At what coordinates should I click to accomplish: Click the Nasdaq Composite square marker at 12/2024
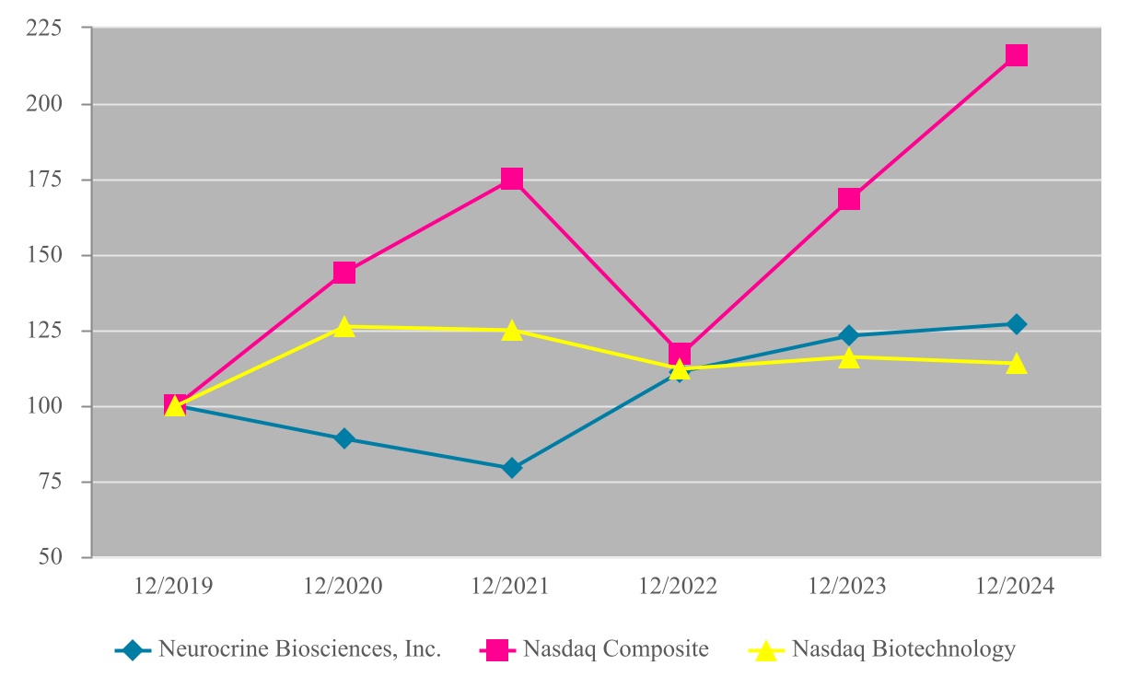click(1016, 55)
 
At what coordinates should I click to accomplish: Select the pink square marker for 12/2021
click(512, 179)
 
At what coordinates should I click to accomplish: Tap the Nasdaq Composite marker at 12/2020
click(344, 273)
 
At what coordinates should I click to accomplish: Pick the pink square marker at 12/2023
click(849, 199)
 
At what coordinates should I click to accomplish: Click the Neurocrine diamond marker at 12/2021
click(512, 468)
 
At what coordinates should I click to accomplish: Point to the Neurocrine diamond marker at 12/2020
click(344, 438)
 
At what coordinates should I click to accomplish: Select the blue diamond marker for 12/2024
click(1016, 324)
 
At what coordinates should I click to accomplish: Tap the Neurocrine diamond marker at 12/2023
click(849, 335)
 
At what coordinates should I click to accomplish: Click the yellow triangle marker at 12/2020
click(344, 327)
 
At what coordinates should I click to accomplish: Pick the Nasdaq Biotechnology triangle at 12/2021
click(512, 331)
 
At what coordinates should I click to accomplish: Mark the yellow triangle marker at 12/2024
click(1016, 363)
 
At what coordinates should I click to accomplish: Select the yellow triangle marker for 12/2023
click(849, 358)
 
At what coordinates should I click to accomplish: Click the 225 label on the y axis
click(44, 29)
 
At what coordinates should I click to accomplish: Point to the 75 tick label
click(51, 482)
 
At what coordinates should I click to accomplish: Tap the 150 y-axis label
click(44, 255)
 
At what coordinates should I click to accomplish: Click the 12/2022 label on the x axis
click(678, 586)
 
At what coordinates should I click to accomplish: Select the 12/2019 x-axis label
click(173, 586)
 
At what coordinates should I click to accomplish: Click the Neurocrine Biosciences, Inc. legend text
click(300, 648)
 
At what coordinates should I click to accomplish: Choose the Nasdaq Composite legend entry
click(594, 649)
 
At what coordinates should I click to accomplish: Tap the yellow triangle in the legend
click(766, 650)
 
